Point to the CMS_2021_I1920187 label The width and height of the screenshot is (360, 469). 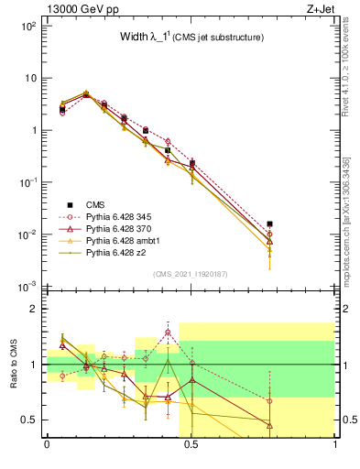191,273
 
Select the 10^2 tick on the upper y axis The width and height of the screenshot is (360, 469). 27,26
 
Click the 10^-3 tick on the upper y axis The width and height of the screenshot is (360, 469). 27,287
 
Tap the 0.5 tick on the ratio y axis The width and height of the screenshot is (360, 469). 29,420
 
